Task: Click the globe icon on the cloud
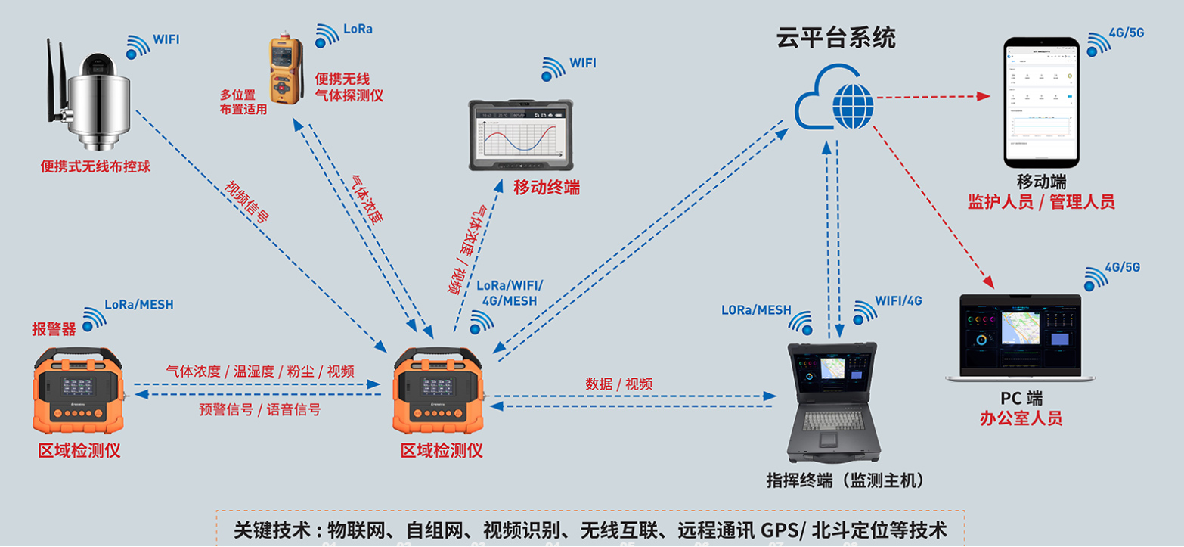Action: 853,106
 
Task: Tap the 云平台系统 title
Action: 835,38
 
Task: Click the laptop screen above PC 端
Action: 1020,333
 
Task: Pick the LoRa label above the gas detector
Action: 358,30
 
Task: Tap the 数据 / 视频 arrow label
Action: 618,384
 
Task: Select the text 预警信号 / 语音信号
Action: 259,409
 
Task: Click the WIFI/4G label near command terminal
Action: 899,300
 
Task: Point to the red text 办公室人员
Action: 1021,418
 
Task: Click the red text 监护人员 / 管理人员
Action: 1041,201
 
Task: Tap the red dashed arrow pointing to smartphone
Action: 934,97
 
